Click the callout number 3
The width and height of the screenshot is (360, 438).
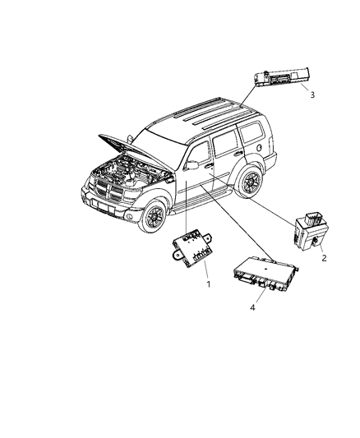312,95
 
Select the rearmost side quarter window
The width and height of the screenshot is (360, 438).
250,131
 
